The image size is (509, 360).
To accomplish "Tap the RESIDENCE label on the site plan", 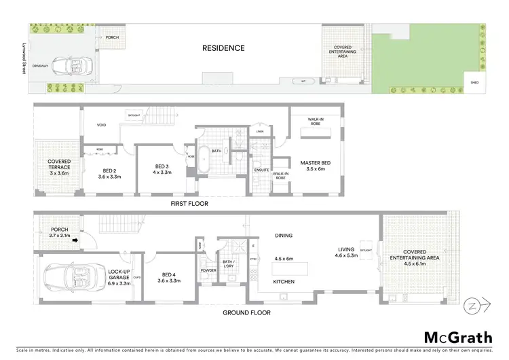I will click(x=223, y=48).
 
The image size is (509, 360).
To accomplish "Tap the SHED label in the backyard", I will click(x=474, y=84).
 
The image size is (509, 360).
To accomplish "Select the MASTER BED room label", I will click(x=315, y=166).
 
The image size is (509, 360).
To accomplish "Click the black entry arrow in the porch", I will click(x=77, y=239).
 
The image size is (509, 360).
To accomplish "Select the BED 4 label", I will click(x=167, y=276).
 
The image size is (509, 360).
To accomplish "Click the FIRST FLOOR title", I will click(x=189, y=203).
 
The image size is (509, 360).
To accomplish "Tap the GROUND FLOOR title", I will click(x=248, y=313).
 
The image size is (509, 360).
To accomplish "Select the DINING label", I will click(x=283, y=236).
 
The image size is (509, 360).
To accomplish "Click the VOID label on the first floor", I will click(x=101, y=126).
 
